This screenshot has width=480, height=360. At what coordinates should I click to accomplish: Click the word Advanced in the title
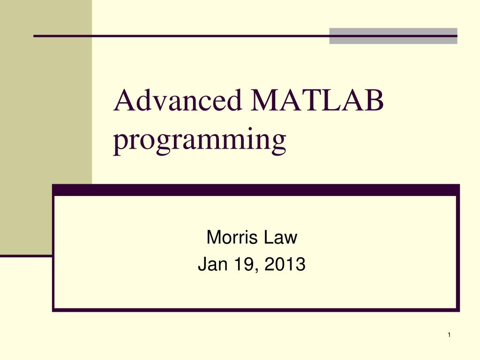tap(177, 101)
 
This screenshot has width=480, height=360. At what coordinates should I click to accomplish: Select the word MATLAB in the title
tap(317, 101)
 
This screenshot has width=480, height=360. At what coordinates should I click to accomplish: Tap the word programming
tap(200, 140)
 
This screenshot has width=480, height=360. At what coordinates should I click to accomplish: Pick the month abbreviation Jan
tap(210, 265)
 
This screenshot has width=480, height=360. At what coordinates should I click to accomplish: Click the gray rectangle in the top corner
tap(393, 36)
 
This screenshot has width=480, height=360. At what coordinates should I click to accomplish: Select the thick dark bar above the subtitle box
tap(255, 190)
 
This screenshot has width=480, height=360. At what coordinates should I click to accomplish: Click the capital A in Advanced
tap(123, 101)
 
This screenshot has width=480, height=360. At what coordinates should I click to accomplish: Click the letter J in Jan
tap(202, 265)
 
